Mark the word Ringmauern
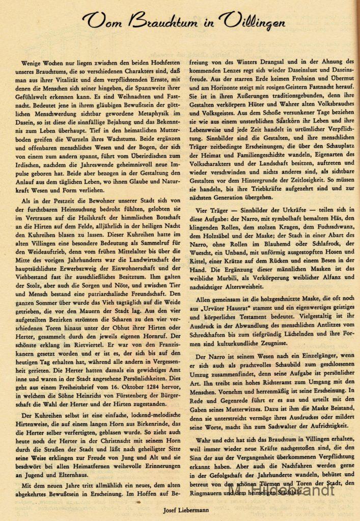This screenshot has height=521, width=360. click(205, 492)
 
